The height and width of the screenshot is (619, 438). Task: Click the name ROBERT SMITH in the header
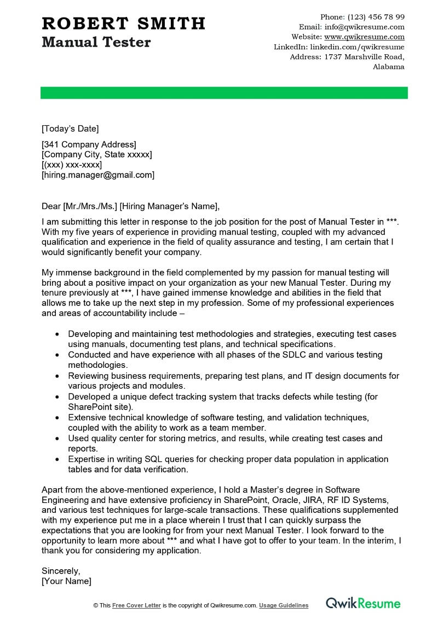[123, 24]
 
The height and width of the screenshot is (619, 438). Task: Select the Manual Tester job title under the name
[96, 42]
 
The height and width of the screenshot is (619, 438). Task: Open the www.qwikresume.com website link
[364, 37]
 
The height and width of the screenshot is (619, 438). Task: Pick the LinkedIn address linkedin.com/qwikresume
[357, 47]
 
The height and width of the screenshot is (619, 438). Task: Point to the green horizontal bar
[224, 93]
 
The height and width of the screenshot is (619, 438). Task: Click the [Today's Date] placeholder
[70, 129]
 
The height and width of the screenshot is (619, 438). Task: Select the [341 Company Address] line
[89, 144]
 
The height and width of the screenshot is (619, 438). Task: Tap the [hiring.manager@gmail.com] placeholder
[98, 175]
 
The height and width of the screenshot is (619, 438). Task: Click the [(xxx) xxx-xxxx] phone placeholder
[72, 165]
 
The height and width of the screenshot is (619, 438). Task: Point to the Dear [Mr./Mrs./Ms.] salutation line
[130, 206]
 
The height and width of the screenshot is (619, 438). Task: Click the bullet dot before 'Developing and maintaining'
[57, 334]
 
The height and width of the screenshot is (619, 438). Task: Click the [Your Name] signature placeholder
[66, 581]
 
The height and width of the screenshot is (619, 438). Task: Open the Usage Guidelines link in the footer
[284, 605]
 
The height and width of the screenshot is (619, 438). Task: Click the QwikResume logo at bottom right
[363, 604]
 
